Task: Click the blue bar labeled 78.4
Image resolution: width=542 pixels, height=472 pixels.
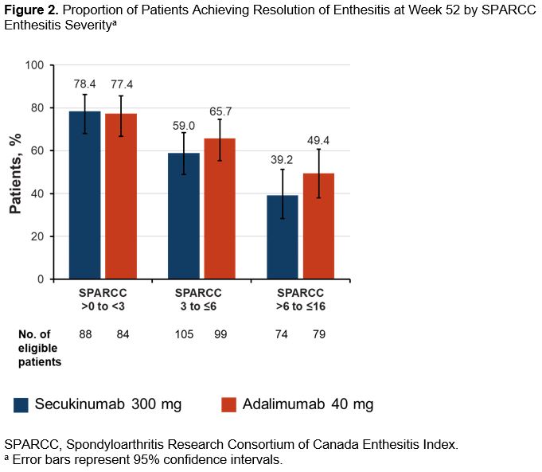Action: [84, 196]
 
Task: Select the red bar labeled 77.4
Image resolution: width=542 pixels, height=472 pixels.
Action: [121, 197]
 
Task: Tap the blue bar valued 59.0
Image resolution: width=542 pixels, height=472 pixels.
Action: [184, 216]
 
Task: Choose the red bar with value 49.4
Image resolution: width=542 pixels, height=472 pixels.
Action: [318, 227]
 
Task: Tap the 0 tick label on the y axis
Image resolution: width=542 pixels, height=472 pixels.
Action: [41, 279]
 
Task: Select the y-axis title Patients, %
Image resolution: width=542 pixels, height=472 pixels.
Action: [15, 173]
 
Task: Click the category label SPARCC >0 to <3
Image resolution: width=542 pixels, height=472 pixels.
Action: [103, 299]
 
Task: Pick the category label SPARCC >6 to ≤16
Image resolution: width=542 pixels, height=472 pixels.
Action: [300, 299]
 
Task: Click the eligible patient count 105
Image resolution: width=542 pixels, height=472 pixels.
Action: [184, 334]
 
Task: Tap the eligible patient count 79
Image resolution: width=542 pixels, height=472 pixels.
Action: [318, 334]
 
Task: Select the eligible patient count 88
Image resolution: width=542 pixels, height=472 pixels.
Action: [84, 334]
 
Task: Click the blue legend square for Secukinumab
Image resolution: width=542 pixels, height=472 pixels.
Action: [21, 404]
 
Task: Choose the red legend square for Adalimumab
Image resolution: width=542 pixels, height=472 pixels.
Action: [229, 404]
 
